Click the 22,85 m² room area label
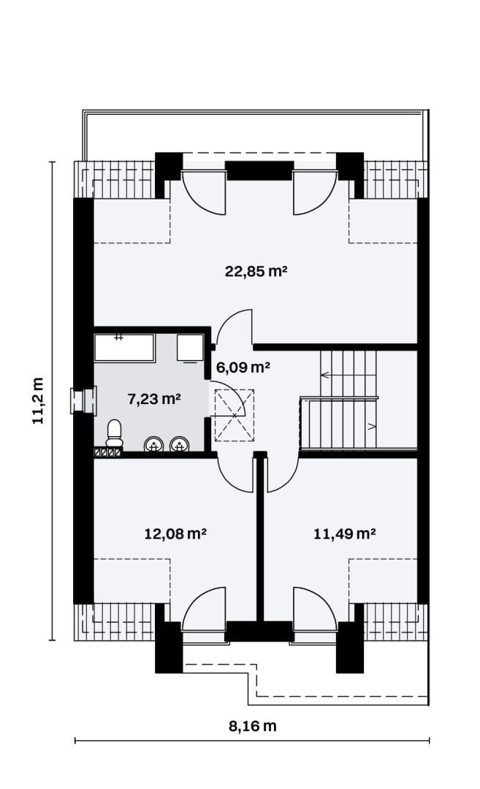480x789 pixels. pos(256,272)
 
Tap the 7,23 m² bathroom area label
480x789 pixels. pos(154,400)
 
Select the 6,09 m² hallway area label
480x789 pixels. pos(243,367)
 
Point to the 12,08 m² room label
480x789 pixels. pos(175,533)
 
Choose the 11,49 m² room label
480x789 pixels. pos(345,533)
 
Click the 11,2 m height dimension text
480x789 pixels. pos(39,400)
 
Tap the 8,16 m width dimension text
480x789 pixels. pos(253,726)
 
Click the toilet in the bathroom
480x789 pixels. pos(114,433)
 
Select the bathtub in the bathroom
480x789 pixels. pos(124,347)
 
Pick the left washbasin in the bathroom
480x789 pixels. pos(154,444)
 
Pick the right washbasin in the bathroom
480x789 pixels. pos(180,444)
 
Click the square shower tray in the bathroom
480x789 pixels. pos(190,348)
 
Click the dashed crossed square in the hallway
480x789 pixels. pos(235,415)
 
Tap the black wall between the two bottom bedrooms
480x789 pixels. pos(259,538)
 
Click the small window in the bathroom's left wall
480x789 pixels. pos(83,401)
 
